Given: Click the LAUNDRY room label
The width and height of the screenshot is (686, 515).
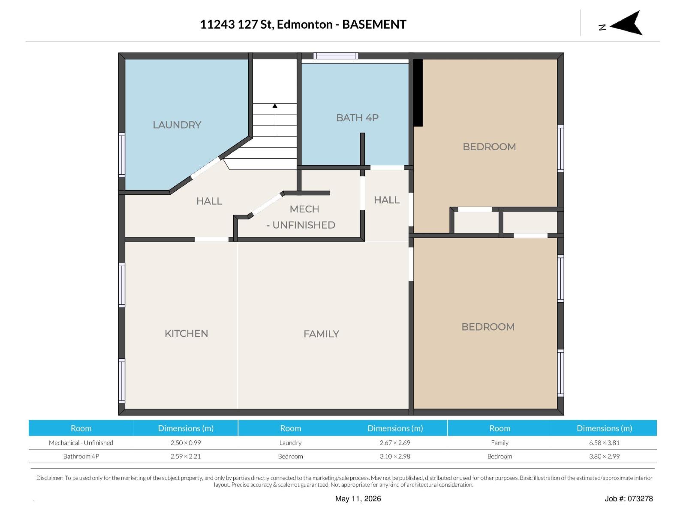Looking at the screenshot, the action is pos(177,125).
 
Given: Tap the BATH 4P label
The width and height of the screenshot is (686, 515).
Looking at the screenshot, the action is pos(357,118).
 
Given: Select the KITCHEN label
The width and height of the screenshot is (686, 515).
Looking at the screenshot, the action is pos(186,333).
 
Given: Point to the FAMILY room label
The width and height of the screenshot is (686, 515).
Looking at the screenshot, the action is pos(321,334).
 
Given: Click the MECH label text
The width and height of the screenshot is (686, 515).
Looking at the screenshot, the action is pos(304,209).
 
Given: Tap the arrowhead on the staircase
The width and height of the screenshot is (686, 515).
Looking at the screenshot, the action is pos(274,106).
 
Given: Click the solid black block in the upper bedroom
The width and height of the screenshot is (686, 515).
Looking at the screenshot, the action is pos(418,93).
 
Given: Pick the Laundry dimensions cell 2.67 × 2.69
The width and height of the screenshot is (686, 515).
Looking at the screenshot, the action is pos(395,443).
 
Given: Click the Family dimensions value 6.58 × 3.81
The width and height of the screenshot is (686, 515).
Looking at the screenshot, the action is pos(604,443).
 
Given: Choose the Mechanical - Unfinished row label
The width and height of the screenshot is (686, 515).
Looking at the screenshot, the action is pos(81,443).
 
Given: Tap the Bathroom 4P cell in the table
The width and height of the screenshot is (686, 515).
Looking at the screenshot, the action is pos(81,456).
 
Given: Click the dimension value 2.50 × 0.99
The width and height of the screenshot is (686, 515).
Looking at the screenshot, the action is pos(186,443).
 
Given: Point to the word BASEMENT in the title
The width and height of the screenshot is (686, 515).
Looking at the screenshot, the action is pos(374,24).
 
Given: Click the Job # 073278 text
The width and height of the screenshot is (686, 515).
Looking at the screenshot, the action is pos(629,499).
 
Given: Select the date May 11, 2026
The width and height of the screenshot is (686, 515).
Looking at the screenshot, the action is pos(358,499).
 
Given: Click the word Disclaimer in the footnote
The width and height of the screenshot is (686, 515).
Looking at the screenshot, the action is pos(50,478).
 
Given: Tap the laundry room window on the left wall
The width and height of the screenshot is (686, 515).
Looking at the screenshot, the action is pos(122,155).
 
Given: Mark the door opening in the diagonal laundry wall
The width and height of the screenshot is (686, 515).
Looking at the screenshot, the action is pos(205,168).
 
